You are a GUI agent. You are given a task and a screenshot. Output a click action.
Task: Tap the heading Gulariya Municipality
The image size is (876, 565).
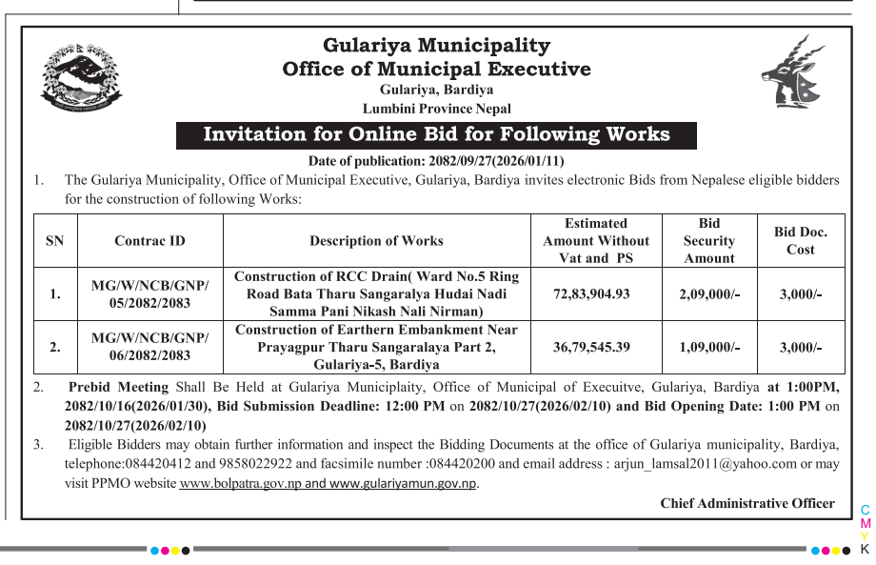click(436, 45)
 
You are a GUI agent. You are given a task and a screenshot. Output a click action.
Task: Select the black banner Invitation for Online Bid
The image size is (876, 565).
click(436, 134)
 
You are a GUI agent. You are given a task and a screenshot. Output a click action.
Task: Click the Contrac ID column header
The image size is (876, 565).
click(149, 241)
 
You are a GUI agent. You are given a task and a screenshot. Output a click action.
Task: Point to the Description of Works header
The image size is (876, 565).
click(376, 241)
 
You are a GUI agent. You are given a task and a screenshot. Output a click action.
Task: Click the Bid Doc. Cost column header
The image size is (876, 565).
click(800, 241)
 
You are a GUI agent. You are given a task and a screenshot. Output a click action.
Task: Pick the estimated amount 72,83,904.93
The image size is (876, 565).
click(591, 293)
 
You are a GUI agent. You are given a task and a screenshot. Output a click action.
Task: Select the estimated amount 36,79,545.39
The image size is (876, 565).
click(591, 347)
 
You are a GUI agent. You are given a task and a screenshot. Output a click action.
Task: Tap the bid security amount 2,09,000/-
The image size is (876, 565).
click(708, 293)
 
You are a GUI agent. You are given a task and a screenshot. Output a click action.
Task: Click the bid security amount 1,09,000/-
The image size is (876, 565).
click(708, 347)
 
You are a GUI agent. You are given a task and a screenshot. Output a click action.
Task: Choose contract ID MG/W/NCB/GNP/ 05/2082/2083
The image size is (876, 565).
click(149, 293)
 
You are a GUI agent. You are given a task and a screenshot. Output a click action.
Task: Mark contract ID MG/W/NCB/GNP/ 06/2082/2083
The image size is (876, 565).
click(149, 347)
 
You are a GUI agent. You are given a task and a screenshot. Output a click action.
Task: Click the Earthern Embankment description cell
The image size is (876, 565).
click(376, 347)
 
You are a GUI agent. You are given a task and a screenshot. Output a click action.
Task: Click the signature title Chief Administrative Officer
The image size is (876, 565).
click(747, 503)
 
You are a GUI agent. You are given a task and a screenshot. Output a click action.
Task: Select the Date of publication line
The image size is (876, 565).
click(436, 161)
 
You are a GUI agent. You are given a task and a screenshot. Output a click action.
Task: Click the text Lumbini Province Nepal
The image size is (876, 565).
click(436, 109)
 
